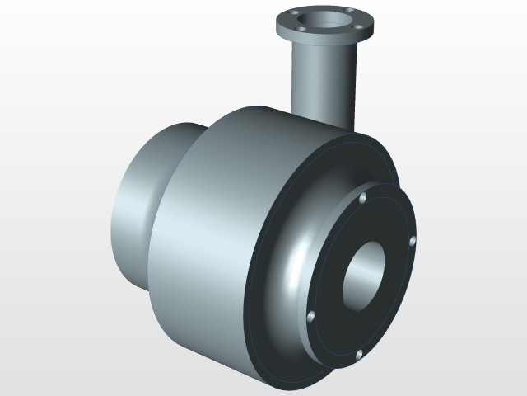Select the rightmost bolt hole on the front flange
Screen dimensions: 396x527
tap(413, 241)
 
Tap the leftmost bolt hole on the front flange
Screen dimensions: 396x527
tap(310, 315)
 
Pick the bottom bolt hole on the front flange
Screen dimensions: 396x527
tap(359, 355)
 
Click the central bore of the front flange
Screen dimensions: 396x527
tap(361, 276)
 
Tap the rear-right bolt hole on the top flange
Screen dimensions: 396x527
tap(349, 11)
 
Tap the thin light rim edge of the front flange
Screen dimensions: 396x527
tap(318, 346)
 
